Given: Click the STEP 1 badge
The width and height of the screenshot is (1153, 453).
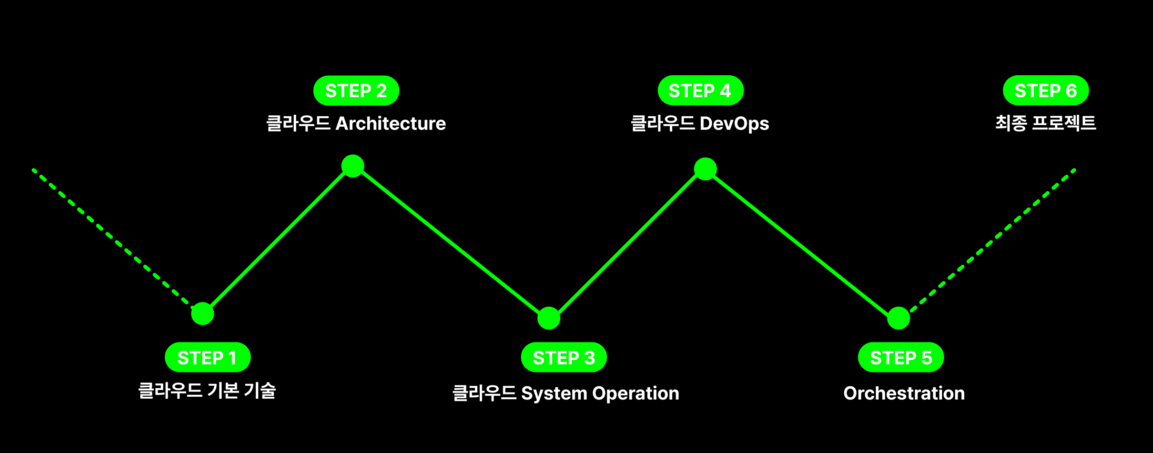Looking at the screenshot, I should [x=208, y=357].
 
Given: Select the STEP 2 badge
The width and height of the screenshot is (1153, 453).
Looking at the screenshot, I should [x=356, y=90].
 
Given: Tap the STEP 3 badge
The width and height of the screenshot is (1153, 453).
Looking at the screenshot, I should [x=563, y=357].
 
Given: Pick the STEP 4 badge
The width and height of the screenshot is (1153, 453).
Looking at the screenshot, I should [x=700, y=90].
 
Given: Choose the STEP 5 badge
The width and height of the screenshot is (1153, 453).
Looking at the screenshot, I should [x=901, y=357].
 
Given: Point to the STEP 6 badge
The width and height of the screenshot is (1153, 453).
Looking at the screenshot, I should [x=1046, y=90].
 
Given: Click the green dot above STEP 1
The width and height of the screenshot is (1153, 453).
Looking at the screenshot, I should [x=203, y=314].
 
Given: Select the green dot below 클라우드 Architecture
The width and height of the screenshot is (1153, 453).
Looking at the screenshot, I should [x=352, y=166].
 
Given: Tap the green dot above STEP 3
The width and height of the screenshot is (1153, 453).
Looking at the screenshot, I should [x=549, y=318].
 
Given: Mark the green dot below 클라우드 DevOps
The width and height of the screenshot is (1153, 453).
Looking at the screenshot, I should [x=705, y=168].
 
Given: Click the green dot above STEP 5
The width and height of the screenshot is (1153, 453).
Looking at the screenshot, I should [x=898, y=318].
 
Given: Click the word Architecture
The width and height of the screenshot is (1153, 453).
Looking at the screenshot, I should [x=391, y=124].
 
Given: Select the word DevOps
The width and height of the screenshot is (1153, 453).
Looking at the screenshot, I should [x=734, y=124].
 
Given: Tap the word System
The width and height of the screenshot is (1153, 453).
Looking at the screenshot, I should [x=553, y=394].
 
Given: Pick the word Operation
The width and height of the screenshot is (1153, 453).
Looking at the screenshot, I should [x=635, y=394].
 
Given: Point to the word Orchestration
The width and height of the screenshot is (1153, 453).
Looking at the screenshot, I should [x=904, y=393].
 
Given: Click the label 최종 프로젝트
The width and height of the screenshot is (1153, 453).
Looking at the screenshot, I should [x=1045, y=123].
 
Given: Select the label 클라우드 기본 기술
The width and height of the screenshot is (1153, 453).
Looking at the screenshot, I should [x=207, y=390].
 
